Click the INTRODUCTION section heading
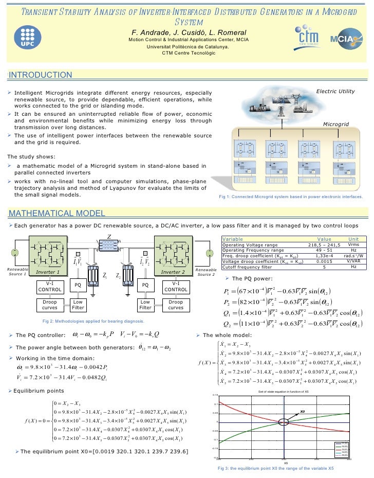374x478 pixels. coord(41,75)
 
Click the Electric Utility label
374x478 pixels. coord(335,91)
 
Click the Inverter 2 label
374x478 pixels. coord(173,272)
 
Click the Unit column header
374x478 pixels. coord(353,239)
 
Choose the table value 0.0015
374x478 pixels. coord(325,262)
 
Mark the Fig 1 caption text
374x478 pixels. coord(291,197)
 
